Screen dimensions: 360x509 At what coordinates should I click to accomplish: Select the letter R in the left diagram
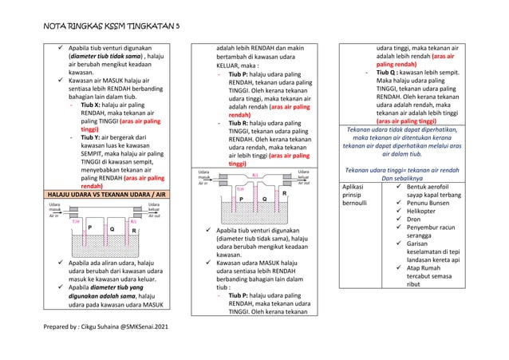coord(135,230)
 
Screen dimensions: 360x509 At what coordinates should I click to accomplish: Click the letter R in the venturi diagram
coord(284,192)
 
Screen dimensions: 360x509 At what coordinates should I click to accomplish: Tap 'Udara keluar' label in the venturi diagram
coord(303,174)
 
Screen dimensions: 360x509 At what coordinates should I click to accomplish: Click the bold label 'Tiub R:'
coord(243,123)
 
